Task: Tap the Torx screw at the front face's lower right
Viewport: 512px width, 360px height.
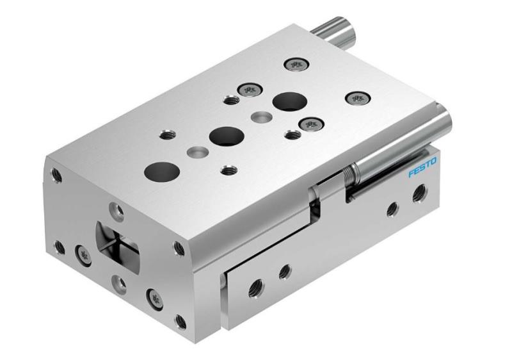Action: coord(153,297)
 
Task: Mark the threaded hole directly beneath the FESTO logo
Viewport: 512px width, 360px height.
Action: coord(419,190)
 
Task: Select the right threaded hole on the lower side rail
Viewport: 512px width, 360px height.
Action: coord(285,271)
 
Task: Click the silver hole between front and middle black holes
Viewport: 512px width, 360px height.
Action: coord(195,152)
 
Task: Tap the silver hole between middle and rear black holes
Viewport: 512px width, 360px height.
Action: coord(259,117)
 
